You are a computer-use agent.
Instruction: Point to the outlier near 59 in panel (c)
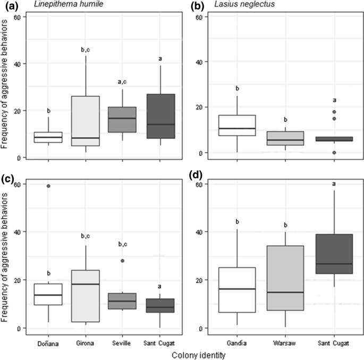(x=48, y=186)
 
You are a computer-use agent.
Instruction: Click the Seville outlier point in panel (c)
(x=123, y=261)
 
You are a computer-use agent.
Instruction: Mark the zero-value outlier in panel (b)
(x=334, y=153)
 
